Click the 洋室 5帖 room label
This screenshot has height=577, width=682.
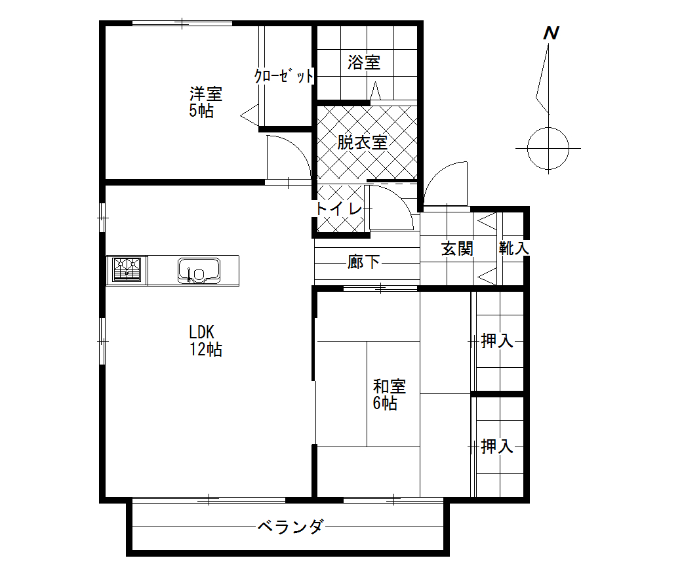tap(206, 103)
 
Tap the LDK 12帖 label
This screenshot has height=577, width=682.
tap(206, 341)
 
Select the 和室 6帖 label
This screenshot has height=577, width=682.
tap(390, 395)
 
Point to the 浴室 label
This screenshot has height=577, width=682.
tap(363, 62)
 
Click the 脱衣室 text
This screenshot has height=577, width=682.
tap(362, 142)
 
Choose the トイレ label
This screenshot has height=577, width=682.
tap(339, 209)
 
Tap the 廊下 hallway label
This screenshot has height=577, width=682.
tap(363, 262)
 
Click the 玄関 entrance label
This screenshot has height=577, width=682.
tap(457, 249)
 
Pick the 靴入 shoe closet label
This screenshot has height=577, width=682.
tap(513, 249)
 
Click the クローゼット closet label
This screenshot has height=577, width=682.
tap(283, 76)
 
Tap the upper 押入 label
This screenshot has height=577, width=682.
tap(497, 341)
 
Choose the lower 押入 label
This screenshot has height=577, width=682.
tap(497, 447)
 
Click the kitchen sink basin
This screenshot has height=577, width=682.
tap(199, 270)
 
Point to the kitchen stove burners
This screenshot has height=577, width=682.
tap(127, 270)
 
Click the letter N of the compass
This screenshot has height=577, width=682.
tap(551, 33)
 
